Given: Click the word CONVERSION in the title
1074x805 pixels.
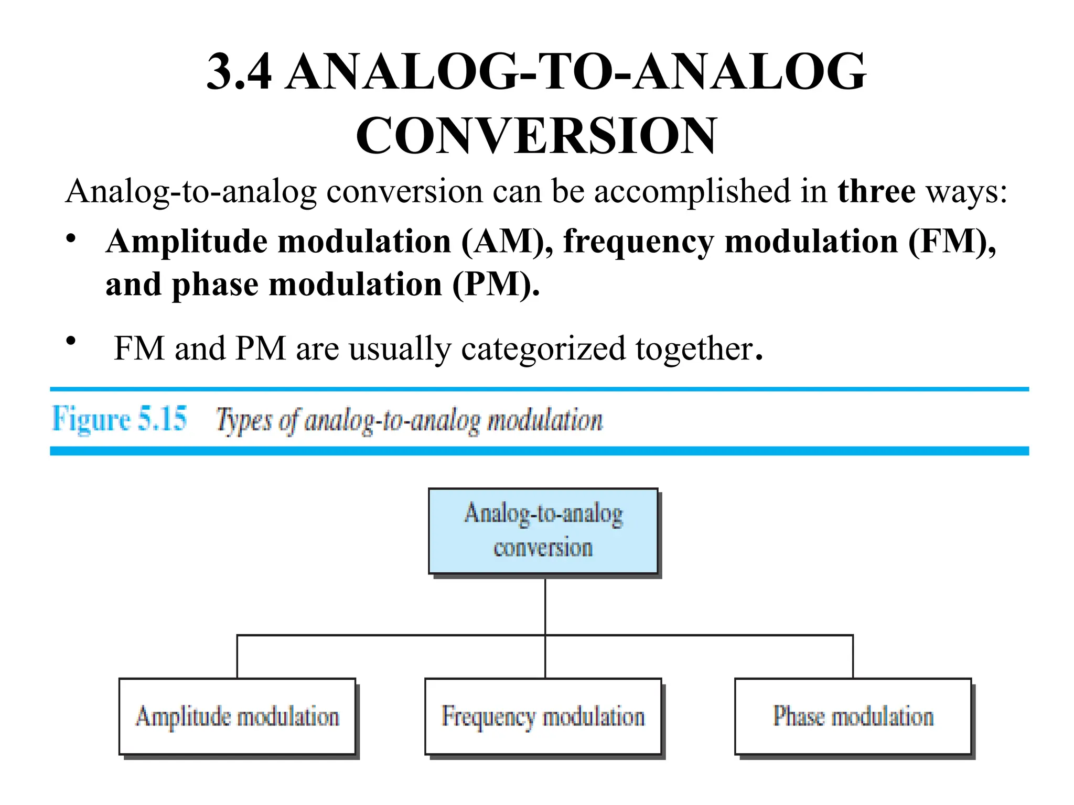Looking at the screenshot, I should [x=536, y=136].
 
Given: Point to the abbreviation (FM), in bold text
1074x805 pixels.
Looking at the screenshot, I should [x=952, y=242].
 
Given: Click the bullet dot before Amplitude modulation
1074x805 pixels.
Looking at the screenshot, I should [x=71, y=239].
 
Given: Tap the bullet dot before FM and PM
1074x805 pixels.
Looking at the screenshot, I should [x=71, y=341].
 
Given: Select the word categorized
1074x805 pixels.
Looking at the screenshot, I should [x=543, y=349].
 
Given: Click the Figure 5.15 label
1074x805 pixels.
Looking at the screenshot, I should [x=119, y=419].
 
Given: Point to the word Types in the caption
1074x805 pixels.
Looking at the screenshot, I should [x=244, y=420].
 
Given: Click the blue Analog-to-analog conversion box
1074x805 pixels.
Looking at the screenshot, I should [x=543, y=531].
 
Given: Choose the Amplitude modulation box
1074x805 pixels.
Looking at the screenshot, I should [x=237, y=716].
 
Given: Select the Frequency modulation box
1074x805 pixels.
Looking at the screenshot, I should [x=543, y=716].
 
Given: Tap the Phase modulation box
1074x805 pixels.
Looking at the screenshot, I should [x=853, y=716].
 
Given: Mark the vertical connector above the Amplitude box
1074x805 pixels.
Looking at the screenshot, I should [x=237, y=657].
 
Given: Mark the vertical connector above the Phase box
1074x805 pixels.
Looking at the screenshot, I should [x=853, y=657].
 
